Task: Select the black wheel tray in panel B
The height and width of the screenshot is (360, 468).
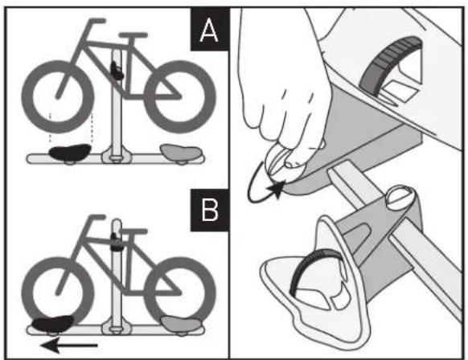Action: [50, 324]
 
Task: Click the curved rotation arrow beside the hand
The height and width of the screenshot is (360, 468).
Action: [261, 182]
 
